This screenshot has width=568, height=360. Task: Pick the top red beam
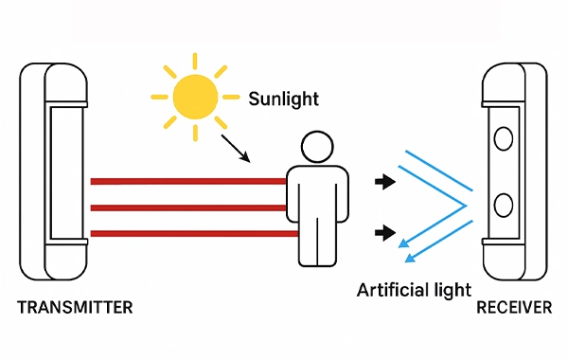(x=189, y=180)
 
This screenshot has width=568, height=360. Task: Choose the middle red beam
(x=189, y=207)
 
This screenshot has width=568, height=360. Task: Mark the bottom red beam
(x=189, y=233)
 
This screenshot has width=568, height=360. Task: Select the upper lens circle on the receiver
(x=504, y=139)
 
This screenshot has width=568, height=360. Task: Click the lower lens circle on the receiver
(x=504, y=204)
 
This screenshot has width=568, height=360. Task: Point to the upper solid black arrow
(x=383, y=180)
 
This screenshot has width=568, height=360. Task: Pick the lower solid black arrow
(x=383, y=231)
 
